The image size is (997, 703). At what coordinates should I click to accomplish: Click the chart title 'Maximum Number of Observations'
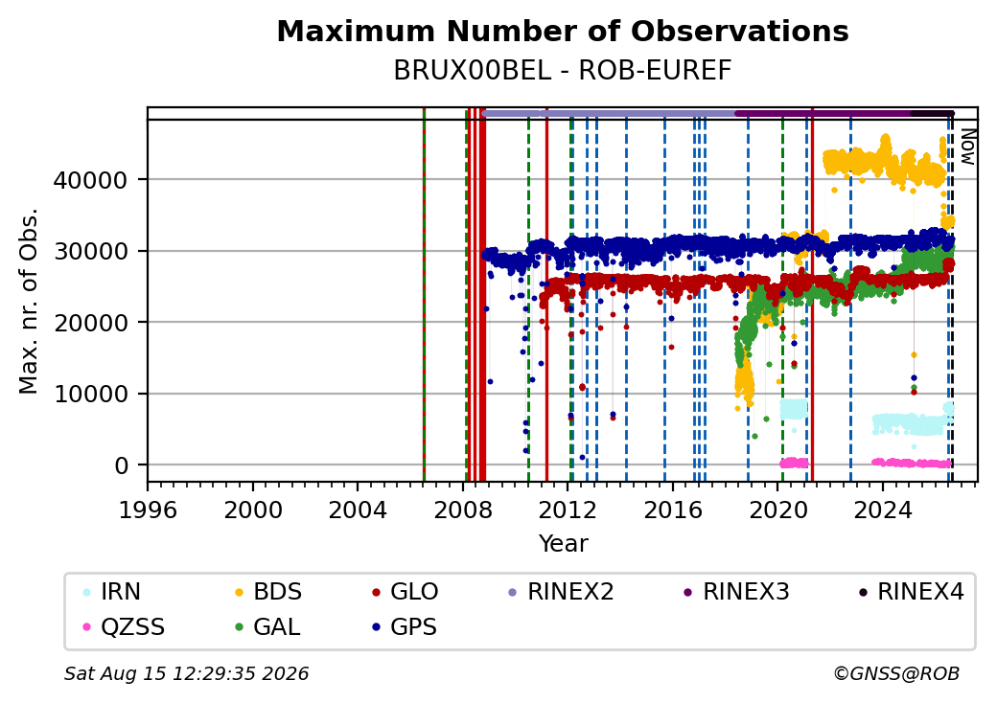[563, 31]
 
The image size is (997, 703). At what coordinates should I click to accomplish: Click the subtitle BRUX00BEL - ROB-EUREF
[563, 71]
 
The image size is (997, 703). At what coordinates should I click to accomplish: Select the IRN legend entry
[112, 592]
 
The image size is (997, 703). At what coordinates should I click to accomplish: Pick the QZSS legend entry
[124, 627]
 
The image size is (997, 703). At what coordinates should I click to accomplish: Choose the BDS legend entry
[268, 592]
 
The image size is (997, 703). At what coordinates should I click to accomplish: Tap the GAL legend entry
[267, 627]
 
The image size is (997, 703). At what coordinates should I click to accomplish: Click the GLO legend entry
[405, 592]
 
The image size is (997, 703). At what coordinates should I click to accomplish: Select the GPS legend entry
[405, 627]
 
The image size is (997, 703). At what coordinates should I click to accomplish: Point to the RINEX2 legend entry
[561, 592]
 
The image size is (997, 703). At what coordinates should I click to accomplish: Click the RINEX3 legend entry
[736, 592]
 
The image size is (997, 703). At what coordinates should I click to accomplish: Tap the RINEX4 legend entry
[911, 592]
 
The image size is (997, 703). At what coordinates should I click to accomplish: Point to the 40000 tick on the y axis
[90, 180]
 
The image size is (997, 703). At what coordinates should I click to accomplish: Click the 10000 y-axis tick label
[90, 395]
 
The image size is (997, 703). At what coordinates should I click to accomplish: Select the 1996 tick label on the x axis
[148, 510]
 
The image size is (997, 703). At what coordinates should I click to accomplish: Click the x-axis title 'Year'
[564, 544]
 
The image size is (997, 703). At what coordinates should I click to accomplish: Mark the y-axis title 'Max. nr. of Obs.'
[29, 301]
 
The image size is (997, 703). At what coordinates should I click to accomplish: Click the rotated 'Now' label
[967, 147]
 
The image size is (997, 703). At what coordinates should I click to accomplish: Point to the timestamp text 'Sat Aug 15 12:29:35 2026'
[186, 673]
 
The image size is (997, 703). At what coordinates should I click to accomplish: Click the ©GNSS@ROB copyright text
[896, 673]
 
